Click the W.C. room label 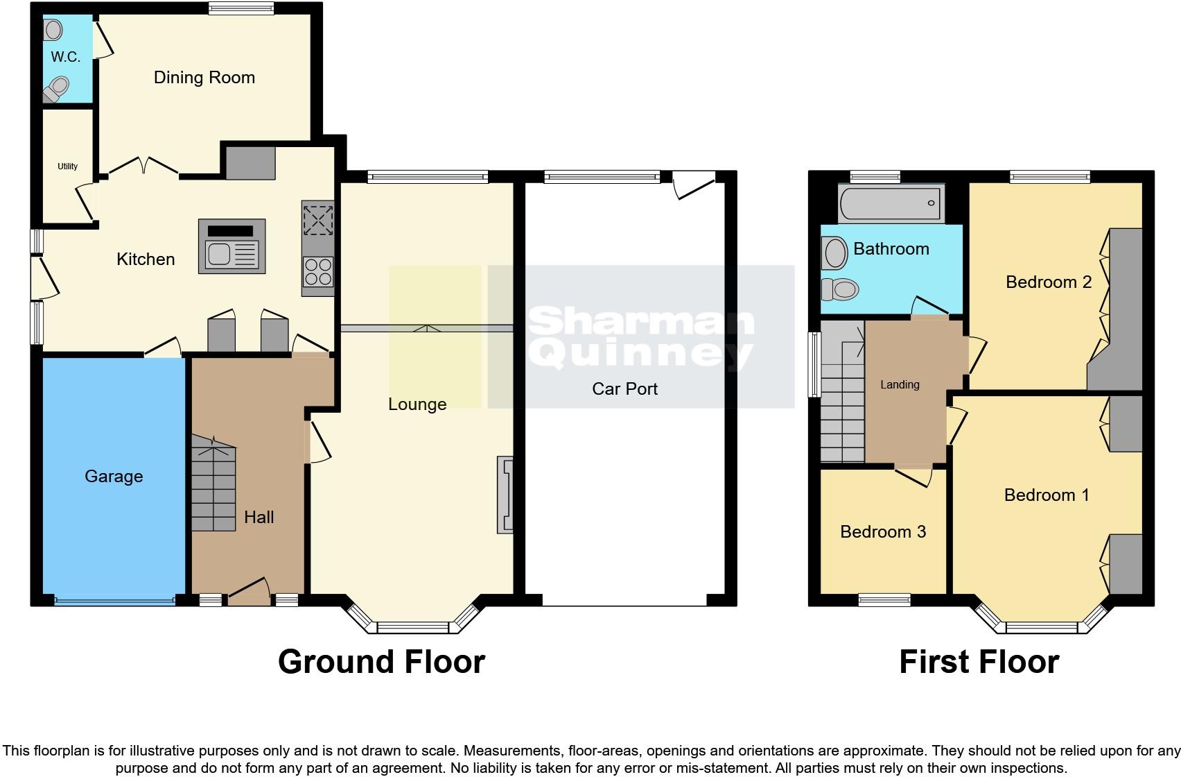click(66, 58)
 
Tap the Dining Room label click(204, 78)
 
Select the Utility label click(67, 166)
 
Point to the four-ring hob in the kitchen click(318, 271)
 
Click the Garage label click(114, 477)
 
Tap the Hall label click(259, 518)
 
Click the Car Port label click(624, 389)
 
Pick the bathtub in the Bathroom click(891, 203)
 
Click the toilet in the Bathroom click(840, 289)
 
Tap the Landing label click(900, 385)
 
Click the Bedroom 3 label click(883, 532)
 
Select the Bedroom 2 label click(1048, 282)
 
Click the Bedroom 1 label click(1047, 495)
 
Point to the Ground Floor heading click(381, 662)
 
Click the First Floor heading click(979, 662)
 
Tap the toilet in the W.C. click(56, 89)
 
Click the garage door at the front click(114, 601)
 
